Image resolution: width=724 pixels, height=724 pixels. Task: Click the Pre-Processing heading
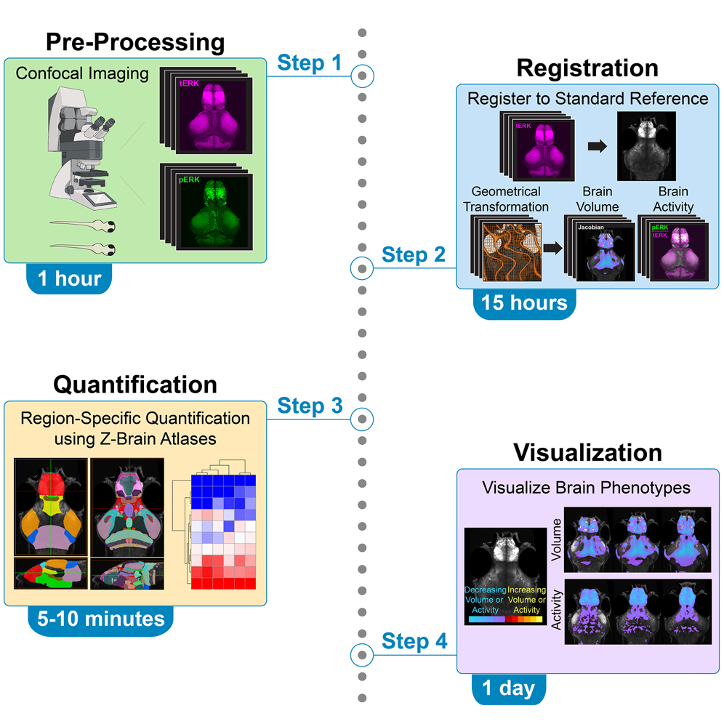pyautogui.click(x=135, y=42)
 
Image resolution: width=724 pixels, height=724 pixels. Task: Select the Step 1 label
pyautogui.click(x=309, y=63)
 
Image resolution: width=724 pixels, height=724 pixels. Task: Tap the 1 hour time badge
pyautogui.click(x=68, y=278)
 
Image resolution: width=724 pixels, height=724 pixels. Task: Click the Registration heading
pyautogui.click(x=587, y=68)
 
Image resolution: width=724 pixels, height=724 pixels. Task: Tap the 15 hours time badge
pyautogui.click(x=524, y=302)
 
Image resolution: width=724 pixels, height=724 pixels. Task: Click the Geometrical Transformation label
pyautogui.click(x=506, y=198)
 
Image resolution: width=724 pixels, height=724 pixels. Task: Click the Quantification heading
pyautogui.click(x=135, y=384)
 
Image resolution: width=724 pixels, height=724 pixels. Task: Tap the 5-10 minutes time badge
pyautogui.click(x=97, y=619)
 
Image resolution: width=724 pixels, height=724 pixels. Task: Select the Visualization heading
pyautogui.click(x=587, y=452)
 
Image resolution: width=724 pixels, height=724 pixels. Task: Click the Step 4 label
pyautogui.click(x=415, y=641)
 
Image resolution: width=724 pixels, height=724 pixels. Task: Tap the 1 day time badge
pyautogui.click(x=508, y=688)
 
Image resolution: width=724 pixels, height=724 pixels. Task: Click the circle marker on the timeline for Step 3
pyautogui.click(x=362, y=419)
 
